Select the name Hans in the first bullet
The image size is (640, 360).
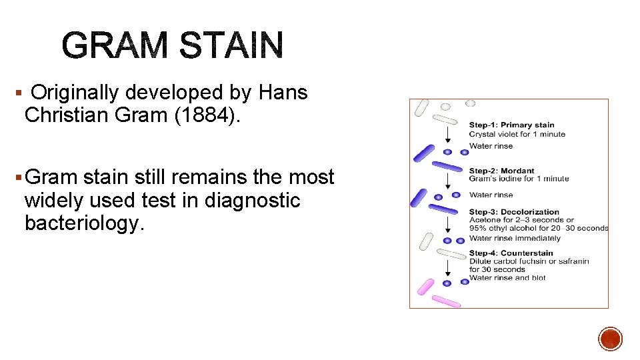pos(283,93)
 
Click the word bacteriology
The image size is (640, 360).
pos(84,223)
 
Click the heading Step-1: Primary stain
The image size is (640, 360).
pos(511,125)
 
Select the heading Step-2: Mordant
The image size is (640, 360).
pos(501,171)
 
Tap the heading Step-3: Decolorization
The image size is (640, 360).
pos(514,212)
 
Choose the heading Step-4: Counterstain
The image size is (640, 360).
pos(511,253)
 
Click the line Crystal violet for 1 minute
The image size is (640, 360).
pos(517,134)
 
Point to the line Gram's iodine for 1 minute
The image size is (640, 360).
pos(519,179)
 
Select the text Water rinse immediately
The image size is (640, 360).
pos(515,237)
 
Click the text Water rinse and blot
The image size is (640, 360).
pos(507,277)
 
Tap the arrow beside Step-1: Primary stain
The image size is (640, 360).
pos(448,133)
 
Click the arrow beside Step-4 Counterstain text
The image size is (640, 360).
pos(448,268)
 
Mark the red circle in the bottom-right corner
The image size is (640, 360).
pos(610,339)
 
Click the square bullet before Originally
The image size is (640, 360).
pos(17,93)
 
